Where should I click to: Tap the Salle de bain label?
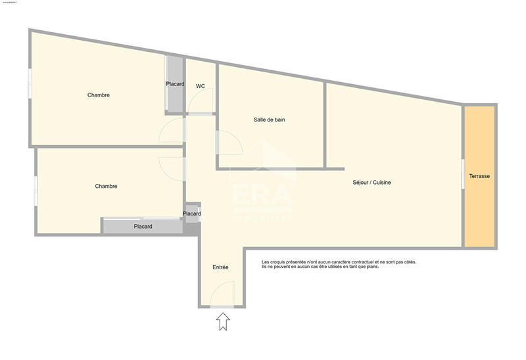[x=269, y=120]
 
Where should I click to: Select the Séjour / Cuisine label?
[x=371, y=182]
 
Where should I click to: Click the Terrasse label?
[x=479, y=177]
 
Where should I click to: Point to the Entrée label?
[x=221, y=267]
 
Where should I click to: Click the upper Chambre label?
[x=99, y=95]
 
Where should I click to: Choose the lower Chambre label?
[x=106, y=186]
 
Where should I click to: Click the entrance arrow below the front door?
[x=223, y=321]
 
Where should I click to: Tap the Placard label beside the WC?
[x=175, y=84]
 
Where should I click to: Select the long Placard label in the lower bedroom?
[x=143, y=227]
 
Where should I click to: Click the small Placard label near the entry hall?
[x=192, y=214]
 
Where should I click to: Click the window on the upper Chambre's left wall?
[x=30, y=84]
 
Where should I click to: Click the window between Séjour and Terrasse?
[x=463, y=174]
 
